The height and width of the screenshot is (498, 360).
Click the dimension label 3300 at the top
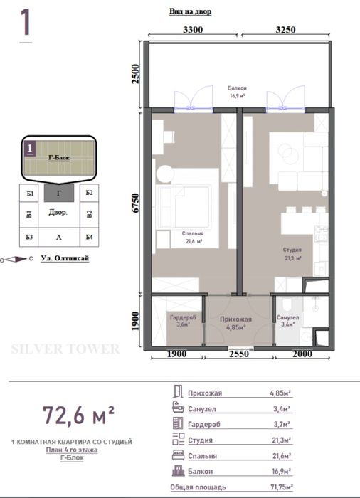(193, 30)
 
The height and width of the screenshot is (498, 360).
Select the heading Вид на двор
(190, 12)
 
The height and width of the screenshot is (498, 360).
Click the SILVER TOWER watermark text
(66, 349)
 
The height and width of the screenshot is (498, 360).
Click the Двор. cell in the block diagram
(58, 213)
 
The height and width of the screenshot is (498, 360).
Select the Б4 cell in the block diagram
(88, 237)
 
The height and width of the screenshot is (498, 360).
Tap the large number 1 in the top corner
(26, 23)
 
